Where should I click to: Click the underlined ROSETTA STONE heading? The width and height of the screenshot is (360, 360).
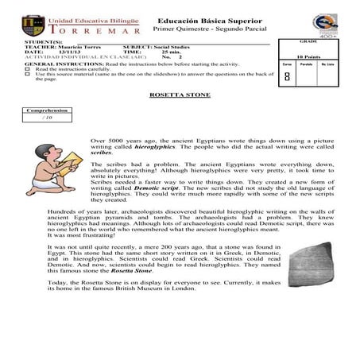tap(180, 95)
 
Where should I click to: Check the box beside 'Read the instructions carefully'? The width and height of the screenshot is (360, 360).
tap(27, 69)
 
